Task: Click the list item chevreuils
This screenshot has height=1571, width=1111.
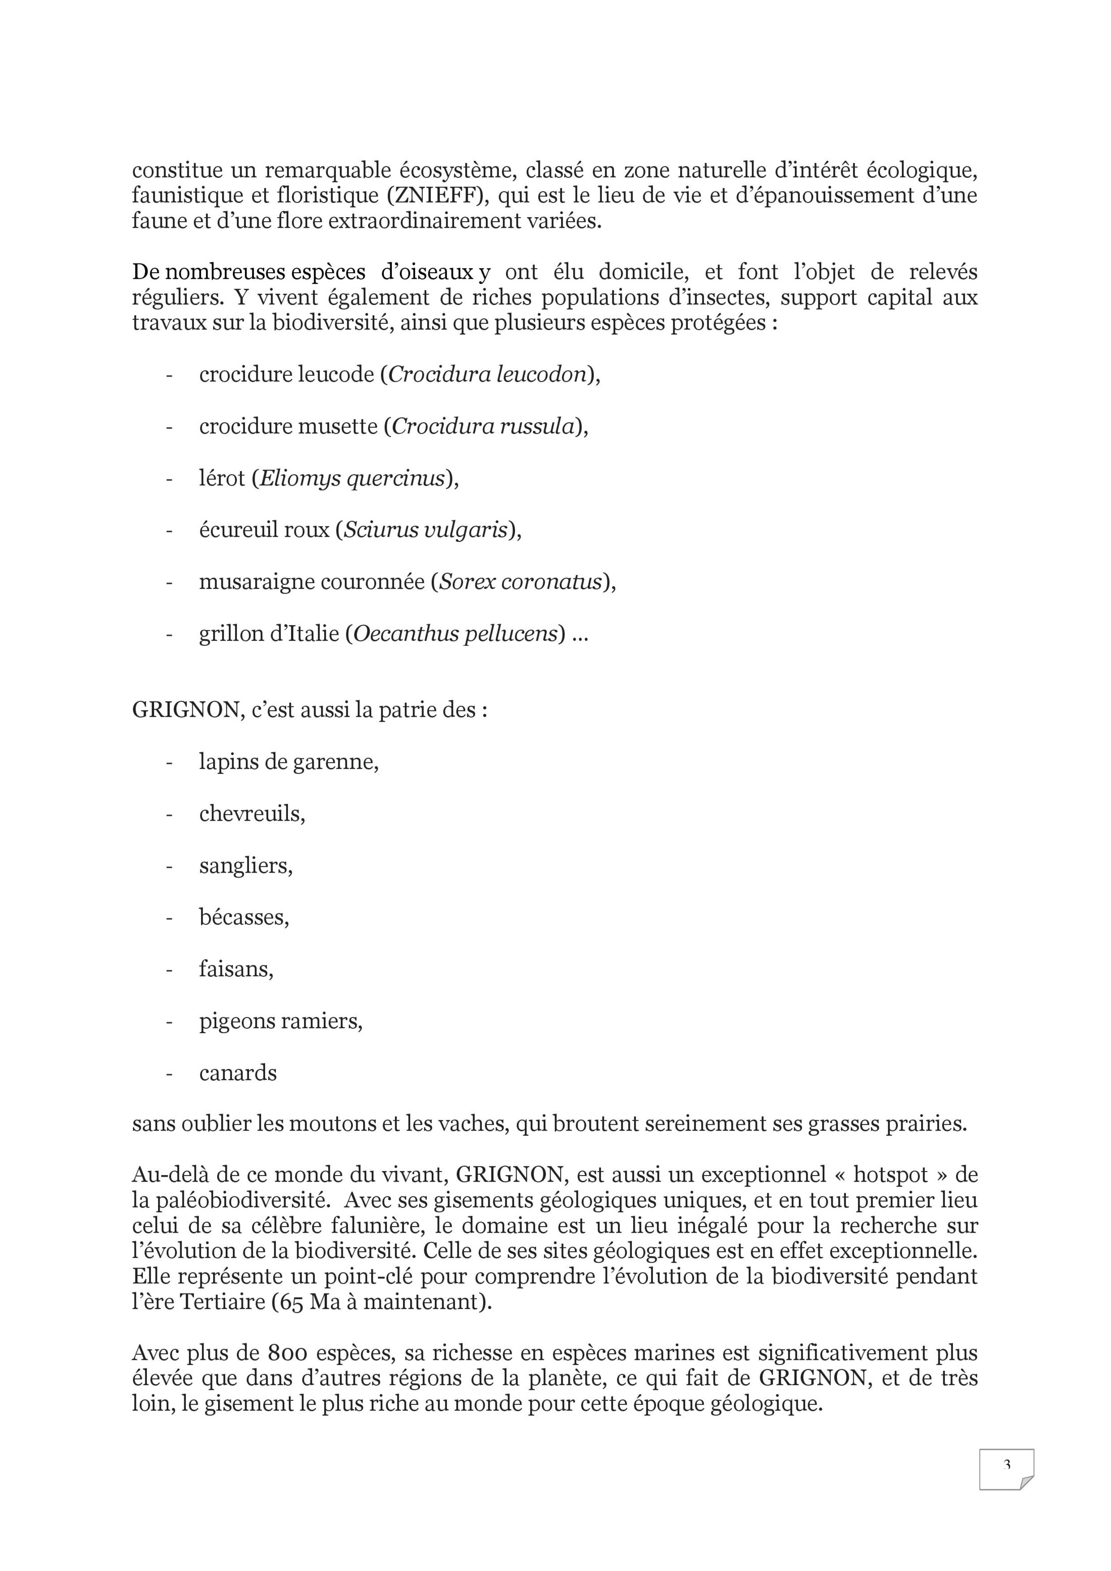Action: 252,814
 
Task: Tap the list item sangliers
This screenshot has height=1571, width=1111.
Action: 245,866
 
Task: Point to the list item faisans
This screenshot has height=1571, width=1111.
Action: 236,970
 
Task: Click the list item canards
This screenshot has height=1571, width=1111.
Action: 238,1073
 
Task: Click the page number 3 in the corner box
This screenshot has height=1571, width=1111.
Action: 1006,1465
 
